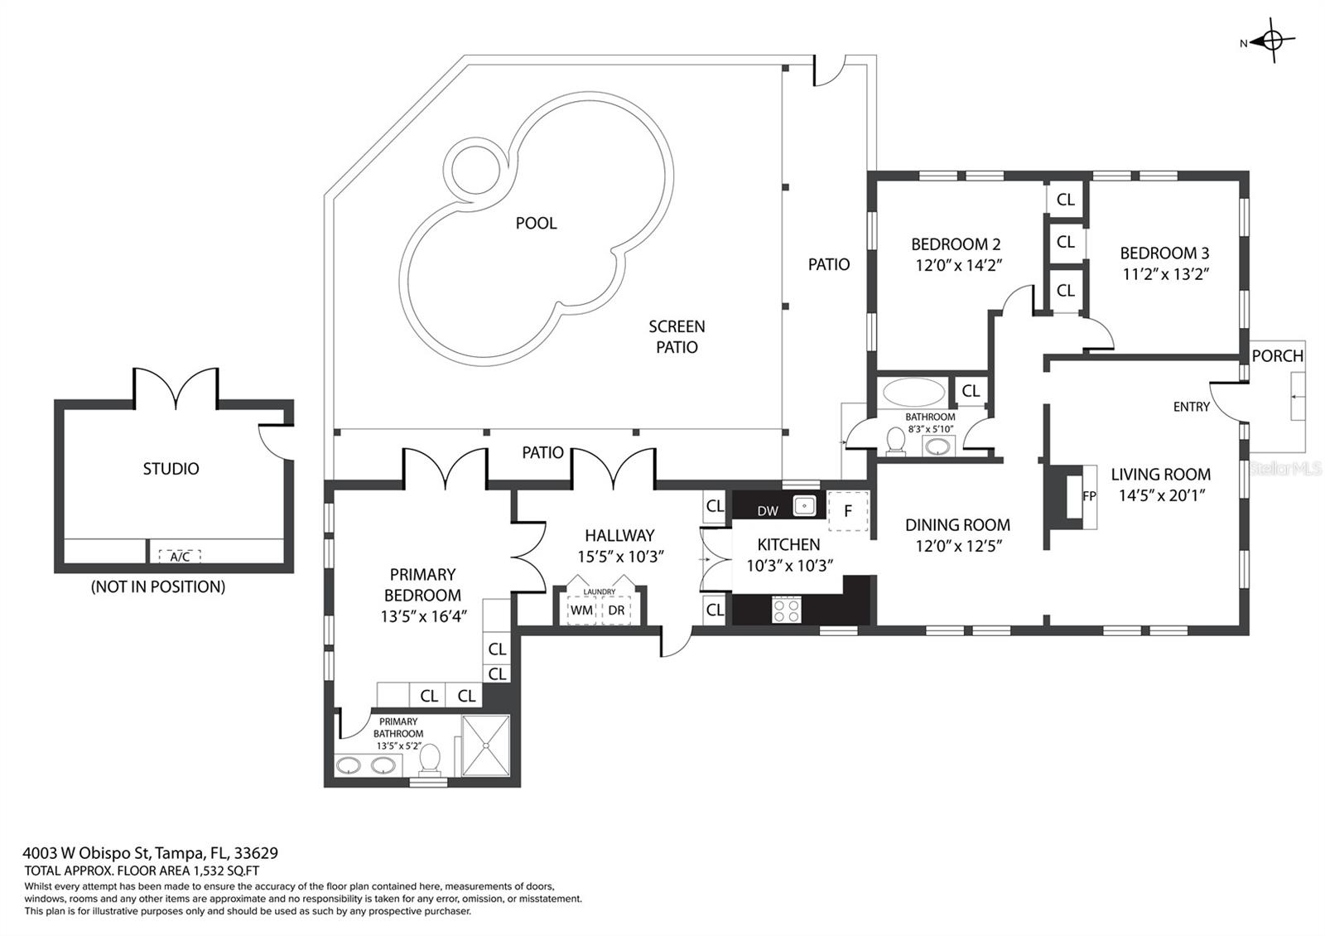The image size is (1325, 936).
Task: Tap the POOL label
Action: [x=536, y=223]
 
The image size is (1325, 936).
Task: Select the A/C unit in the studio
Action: [x=180, y=557]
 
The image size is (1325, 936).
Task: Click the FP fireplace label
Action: [x=1089, y=496]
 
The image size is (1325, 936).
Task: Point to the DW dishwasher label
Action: [x=768, y=511]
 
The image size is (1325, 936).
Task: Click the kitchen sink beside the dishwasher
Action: [x=803, y=504]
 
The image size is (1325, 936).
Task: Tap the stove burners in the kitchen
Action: [x=786, y=610]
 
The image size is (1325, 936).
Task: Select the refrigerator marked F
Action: [x=848, y=510]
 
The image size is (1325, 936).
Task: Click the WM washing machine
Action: [x=581, y=610]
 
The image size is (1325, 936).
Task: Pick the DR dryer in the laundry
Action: [x=616, y=610]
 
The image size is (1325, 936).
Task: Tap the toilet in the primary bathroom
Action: [x=429, y=758]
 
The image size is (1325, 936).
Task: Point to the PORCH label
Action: [x=1277, y=355]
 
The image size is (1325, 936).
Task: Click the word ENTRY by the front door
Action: [x=1191, y=407]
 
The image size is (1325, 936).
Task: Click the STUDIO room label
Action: [x=171, y=469]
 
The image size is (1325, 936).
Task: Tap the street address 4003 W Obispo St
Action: [x=150, y=852]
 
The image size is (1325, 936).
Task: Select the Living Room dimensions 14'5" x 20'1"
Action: [x=1160, y=495]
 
